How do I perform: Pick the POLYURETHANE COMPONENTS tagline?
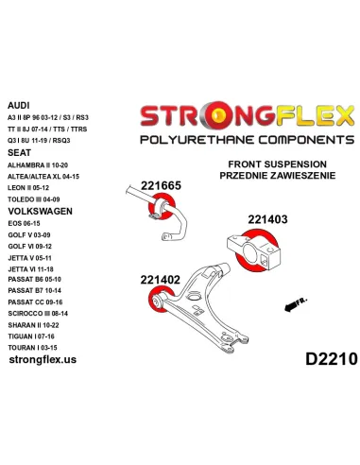(249, 139)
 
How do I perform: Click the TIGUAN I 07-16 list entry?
(37, 336)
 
